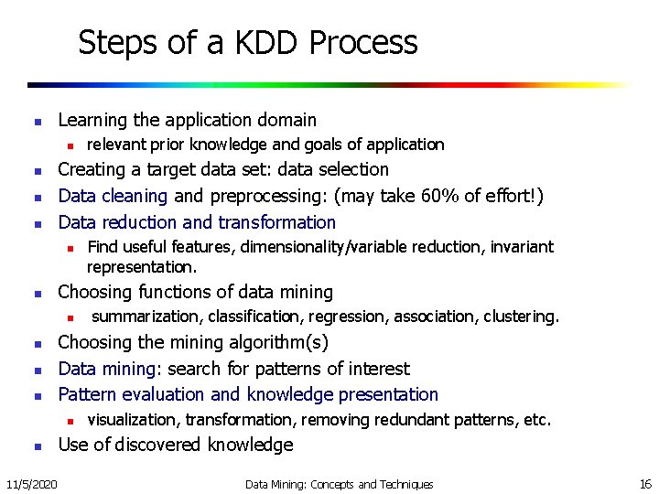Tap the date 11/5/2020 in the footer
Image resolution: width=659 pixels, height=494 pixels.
[x=30, y=483]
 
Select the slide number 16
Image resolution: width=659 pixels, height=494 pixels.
[x=643, y=483]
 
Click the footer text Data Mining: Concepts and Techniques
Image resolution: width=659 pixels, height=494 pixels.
[x=339, y=484]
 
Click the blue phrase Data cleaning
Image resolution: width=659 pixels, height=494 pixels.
[x=113, y=196]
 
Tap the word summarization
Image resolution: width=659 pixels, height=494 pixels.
[x=148, y=317]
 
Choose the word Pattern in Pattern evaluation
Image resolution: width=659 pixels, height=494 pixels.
[x=85, y=395]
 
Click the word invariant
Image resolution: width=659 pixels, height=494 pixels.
[x=522, y=247]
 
